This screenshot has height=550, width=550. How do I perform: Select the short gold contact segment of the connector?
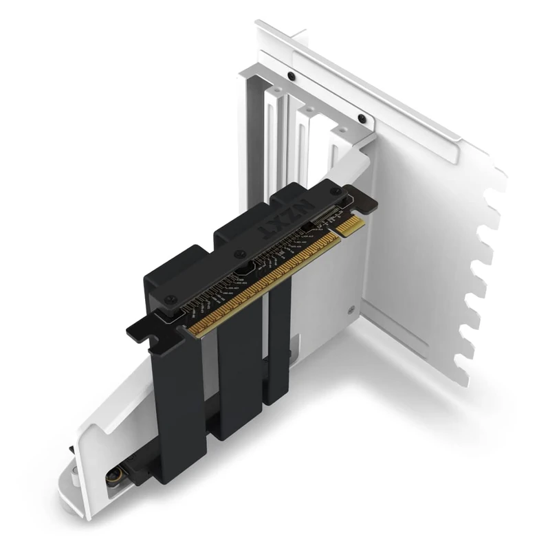coord(352,225)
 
